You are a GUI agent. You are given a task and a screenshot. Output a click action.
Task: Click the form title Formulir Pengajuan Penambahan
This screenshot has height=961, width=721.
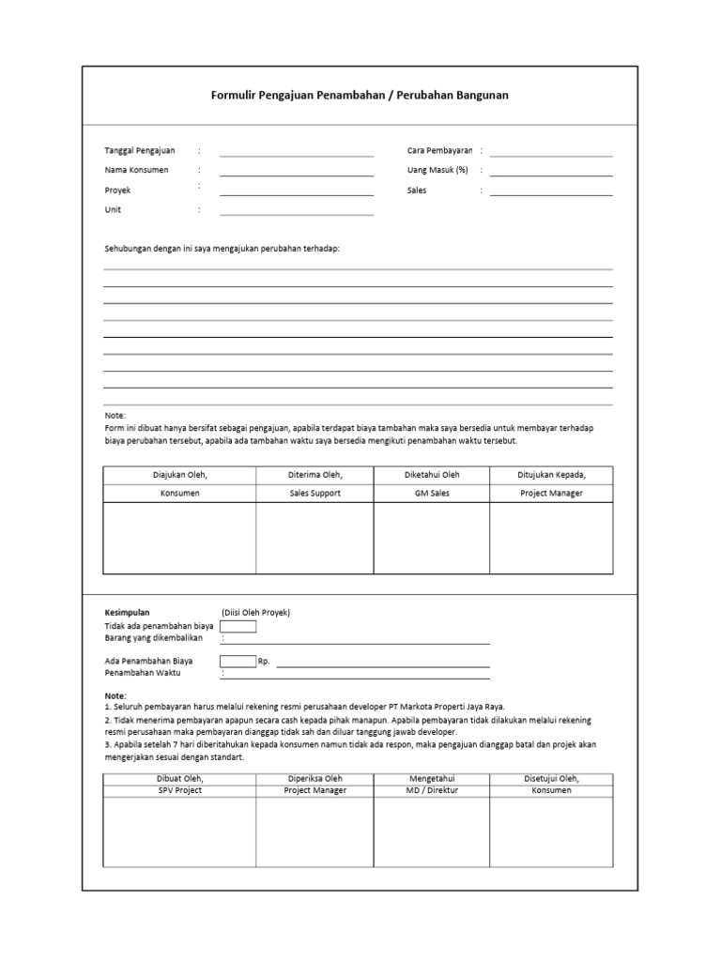click(x=360, y=96)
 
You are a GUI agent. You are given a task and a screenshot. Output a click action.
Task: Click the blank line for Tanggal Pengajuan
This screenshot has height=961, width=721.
click(x=297, y=153)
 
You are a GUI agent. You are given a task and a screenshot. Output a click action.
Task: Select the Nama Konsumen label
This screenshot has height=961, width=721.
click(x=137, y=170)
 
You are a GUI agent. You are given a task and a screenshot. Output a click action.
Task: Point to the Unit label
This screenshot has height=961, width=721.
click(x=113, y=210)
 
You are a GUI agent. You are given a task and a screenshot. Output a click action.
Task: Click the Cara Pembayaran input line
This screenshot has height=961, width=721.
click(x=551, y=153)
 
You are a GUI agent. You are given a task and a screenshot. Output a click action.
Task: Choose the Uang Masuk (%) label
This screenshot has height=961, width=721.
click(x=437, y=170)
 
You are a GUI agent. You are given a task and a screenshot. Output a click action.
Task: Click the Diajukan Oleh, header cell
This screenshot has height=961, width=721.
click(x=179, y=475)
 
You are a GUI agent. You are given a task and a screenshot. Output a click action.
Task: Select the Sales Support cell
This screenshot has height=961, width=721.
click(x=314, y=493)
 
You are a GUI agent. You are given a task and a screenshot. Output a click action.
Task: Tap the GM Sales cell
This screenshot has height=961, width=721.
click(x=432, y=493)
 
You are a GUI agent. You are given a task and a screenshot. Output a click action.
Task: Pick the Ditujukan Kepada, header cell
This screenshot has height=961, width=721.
click(x=552, y=475)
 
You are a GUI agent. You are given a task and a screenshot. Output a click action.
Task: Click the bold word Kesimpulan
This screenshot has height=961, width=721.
click(x=128, y=613)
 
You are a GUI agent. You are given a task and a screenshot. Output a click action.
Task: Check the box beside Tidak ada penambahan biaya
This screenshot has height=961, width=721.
click(x=238, y=626)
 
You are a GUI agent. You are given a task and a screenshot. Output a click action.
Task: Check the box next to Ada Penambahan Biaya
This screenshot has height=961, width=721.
click(x=238, y=661)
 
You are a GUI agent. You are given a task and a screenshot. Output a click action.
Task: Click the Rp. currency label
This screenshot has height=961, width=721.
click(x=264, y=662)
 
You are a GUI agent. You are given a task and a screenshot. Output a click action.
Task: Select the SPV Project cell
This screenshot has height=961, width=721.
click(x=179, y=790)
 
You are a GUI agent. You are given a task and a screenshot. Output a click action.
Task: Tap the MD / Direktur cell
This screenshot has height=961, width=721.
click(x=432, y=790)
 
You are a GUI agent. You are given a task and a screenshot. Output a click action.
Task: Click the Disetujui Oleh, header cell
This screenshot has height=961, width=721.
click(x=552, y=778)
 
